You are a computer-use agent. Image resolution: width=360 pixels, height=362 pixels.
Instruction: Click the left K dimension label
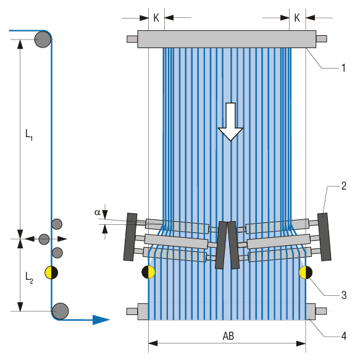156,18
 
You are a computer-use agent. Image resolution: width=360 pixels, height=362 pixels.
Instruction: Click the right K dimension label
297,18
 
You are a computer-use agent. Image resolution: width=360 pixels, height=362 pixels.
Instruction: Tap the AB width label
227,335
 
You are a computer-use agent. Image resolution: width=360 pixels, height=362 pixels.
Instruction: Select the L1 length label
29,133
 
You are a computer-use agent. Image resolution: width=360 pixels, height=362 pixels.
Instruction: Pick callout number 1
343,68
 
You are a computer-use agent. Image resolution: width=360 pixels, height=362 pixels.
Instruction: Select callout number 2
343,185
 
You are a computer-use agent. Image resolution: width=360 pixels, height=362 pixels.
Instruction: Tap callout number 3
343,296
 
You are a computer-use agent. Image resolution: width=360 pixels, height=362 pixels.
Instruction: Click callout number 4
343,336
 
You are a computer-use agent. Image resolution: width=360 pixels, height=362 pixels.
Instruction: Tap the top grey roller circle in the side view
43,39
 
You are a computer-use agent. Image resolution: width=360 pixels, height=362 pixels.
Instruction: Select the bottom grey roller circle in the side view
60,311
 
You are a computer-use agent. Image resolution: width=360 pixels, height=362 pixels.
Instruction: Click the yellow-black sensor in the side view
52,272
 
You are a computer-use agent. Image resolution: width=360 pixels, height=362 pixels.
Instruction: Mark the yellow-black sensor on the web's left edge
148,272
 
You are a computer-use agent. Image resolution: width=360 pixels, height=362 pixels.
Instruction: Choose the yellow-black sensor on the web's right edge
306,272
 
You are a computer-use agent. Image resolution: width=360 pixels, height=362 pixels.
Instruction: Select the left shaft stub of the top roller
132,40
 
